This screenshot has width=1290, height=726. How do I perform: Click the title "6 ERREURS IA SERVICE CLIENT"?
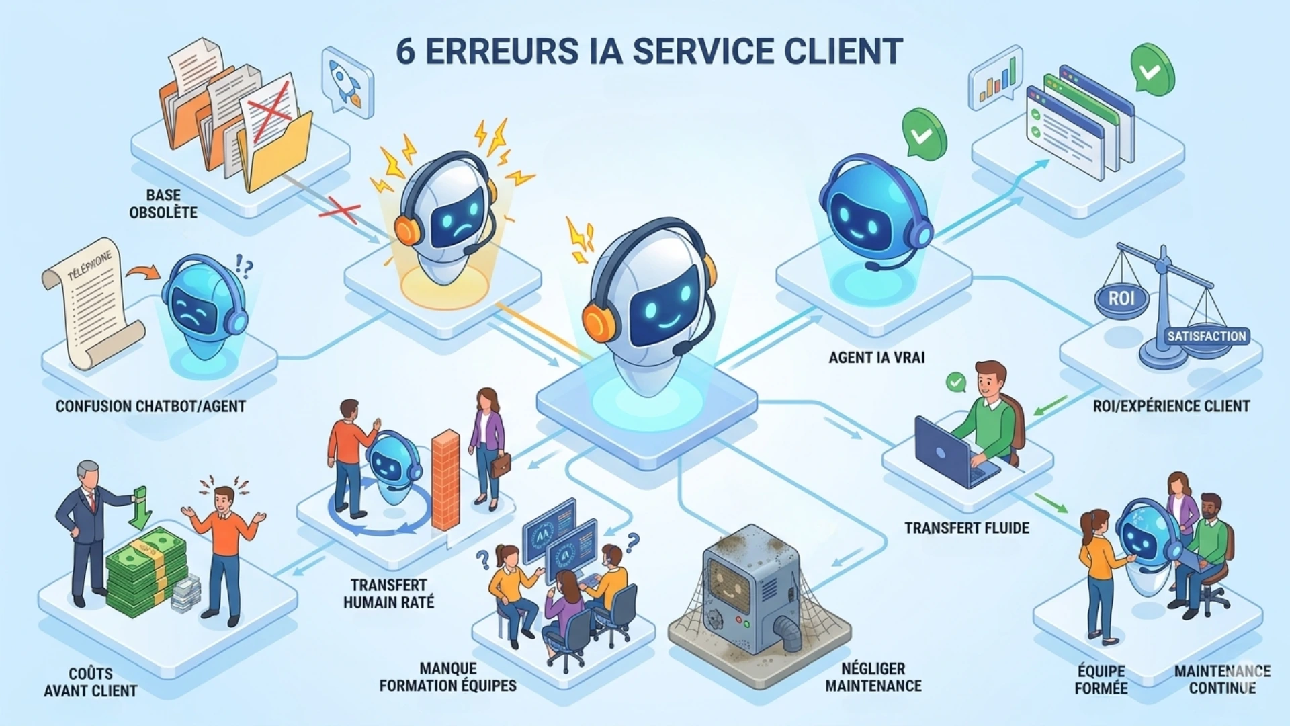[648, 51]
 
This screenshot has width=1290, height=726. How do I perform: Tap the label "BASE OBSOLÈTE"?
[163, 204]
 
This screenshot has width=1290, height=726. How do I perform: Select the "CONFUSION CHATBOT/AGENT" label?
[150, 406]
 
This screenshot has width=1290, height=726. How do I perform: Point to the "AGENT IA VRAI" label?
[876, 358]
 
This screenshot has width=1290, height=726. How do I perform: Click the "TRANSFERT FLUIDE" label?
[966, 528]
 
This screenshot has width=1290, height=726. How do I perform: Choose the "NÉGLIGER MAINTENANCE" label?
[873, 677]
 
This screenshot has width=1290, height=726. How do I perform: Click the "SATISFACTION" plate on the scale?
[1206, 336]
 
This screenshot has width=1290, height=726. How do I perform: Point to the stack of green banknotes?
[146, 571]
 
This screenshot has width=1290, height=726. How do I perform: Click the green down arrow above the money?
[140, 508]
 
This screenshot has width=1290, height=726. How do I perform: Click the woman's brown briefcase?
[499, 465]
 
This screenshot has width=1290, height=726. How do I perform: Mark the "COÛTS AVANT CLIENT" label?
[91, 682]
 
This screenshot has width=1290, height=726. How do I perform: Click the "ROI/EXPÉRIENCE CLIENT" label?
[1171, 406]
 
